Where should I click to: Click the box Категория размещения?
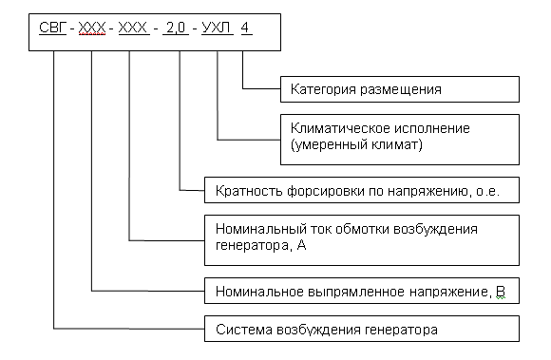[400, 90]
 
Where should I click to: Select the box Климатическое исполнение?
[400, 139]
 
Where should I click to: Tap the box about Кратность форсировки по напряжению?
[361, 190]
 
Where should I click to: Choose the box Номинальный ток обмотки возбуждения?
[361, 239]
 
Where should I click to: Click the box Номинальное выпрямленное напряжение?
[361, 290]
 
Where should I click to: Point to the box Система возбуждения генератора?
[361, 331]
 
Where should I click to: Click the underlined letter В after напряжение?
[500, 291]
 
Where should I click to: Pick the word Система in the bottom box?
[236, 331]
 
